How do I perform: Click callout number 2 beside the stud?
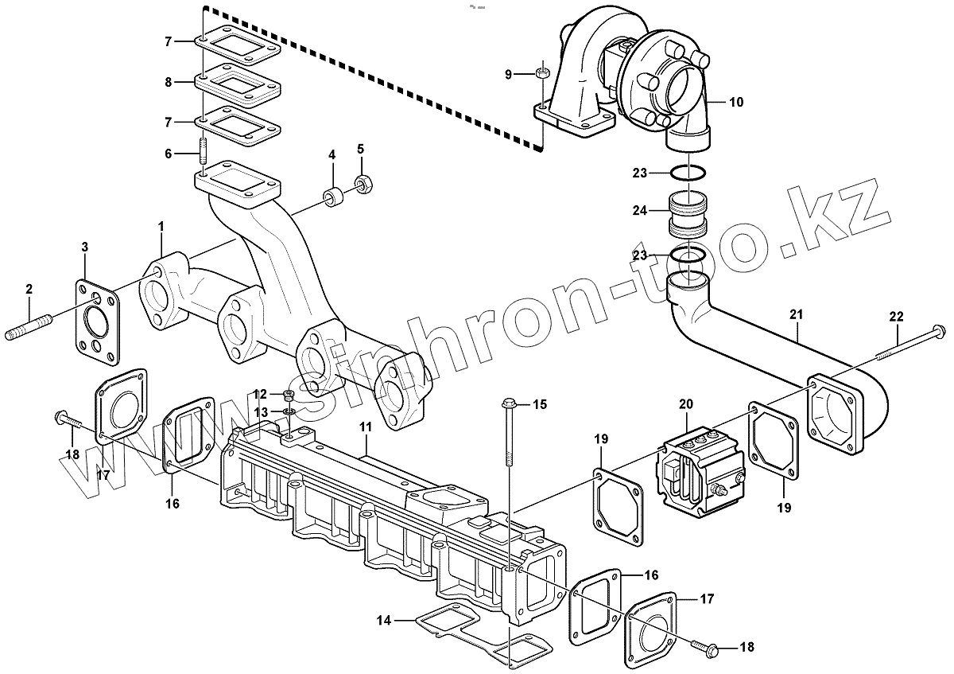pos(29,288)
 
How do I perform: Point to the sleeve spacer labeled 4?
pos(332,197)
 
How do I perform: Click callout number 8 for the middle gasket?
pos(168,82)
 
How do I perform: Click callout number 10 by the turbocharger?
pos(735,102)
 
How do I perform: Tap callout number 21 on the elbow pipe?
pos(797,314)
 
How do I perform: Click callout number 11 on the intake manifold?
pos(365,428)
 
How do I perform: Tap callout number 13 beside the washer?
pos(262,411)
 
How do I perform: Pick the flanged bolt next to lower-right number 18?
pos(708,649)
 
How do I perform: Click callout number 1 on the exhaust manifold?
pos(161,228)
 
